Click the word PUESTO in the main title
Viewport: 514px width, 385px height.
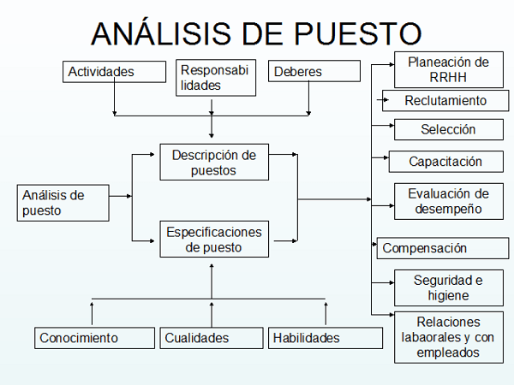coord(357,33)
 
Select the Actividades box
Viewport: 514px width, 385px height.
coord(115,72)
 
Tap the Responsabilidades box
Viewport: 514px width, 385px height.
coord(216,78)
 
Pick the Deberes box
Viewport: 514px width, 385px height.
coord(314,71)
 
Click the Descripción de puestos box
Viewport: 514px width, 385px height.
coord(214,162)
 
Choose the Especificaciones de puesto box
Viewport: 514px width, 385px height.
coord(214,239)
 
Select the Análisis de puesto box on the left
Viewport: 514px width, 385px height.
coord(63,203)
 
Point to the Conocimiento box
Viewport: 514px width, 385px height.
coord(95,338)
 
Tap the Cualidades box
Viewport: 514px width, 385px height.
coord(212,338)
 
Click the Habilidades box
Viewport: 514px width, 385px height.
coord(326,338)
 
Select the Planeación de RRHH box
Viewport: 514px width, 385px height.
coord(449,70)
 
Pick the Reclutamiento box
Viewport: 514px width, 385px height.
coord(445,101)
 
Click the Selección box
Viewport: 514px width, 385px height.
coord(449,130)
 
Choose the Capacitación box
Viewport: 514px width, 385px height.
coord(446,162)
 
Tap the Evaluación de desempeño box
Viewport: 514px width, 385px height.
coord(449,201)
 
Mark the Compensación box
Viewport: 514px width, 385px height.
coord(443,248)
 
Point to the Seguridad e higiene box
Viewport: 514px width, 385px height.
coord(449,287)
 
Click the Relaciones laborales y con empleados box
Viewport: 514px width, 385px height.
coord(449,338)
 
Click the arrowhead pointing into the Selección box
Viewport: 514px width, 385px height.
coord(391,126)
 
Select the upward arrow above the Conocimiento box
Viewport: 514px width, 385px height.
coord(92,313)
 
